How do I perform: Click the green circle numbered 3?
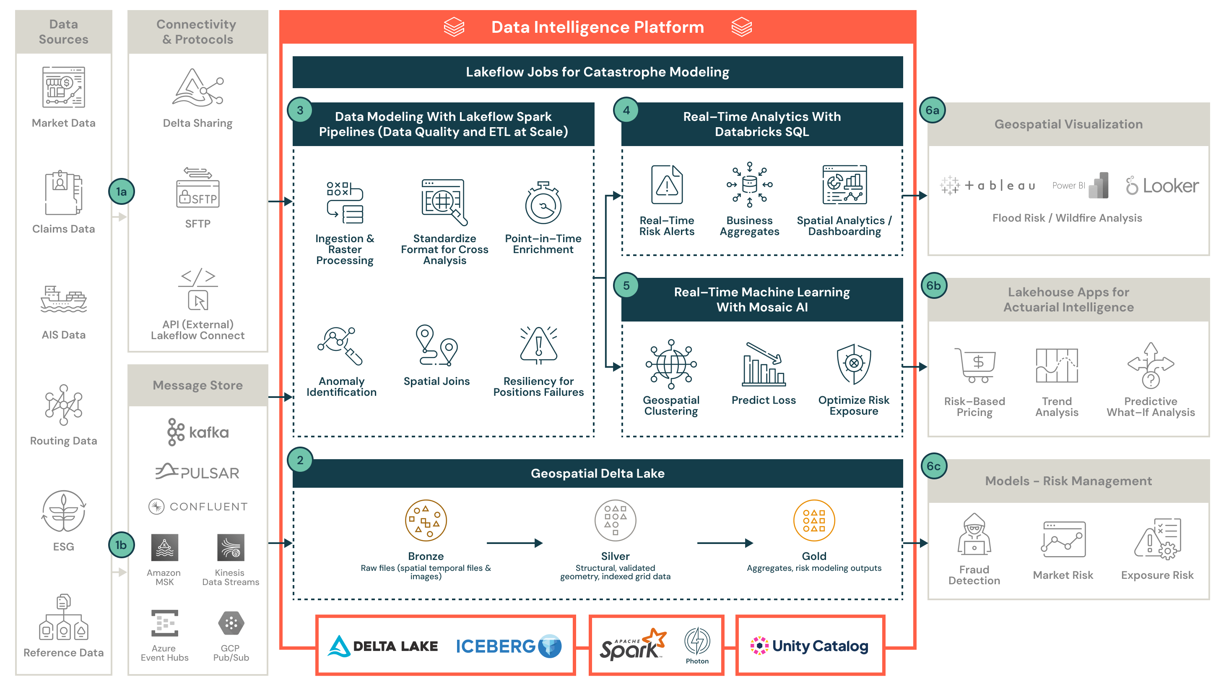300,110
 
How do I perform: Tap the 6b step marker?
933,285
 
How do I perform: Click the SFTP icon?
197,188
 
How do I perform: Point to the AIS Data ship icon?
63,299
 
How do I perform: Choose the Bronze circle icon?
426,521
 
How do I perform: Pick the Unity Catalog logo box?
810,646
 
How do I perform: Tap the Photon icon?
697,641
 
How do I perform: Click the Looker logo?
1162,186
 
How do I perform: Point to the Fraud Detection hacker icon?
974,535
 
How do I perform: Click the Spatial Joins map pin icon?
436,345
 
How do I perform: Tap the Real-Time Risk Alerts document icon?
666,185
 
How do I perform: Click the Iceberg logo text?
496,646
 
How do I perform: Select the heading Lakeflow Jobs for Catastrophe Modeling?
597,72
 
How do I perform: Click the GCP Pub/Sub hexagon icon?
231,623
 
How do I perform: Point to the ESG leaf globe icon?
63,511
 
